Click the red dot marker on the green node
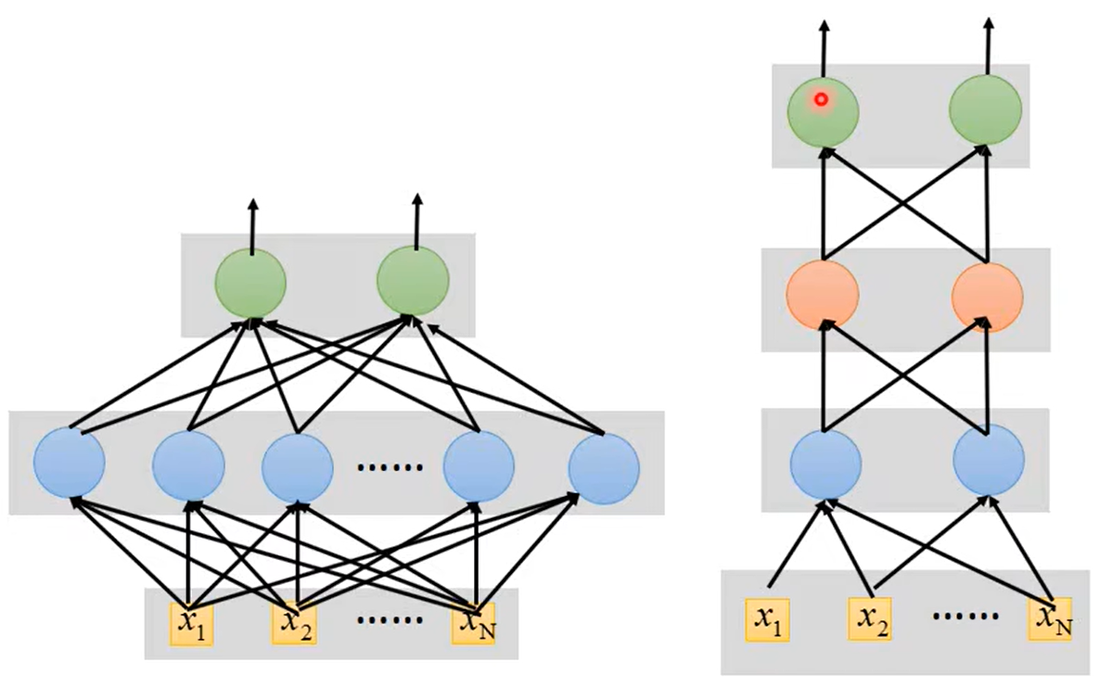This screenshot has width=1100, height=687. tap(820, 99)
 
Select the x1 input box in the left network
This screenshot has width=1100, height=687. tap(191, 624)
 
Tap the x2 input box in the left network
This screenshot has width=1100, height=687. tap(293, 623)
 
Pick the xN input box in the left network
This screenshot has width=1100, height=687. tap(474, 622)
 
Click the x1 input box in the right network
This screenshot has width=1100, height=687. tap(767, 619)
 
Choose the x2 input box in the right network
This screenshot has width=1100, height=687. tap(870, 619)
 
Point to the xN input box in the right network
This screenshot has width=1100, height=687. tap(1050, 619)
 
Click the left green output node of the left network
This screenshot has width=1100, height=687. tap(250, 283)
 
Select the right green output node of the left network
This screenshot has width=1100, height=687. tap(413, 283)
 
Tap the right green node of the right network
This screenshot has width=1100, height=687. tap(985, 110)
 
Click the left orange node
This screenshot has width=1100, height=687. tap(823, 295)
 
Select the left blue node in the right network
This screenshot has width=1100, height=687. tap(825, 463)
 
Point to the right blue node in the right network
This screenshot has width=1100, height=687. tap(989, 462)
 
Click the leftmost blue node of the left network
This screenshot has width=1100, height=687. tap(69, 462)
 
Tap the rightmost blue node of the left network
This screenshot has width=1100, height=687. tap(604, 468)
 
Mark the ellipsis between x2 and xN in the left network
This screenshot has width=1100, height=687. tap(390, 619)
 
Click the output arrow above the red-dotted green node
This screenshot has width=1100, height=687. tap(824, 47)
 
